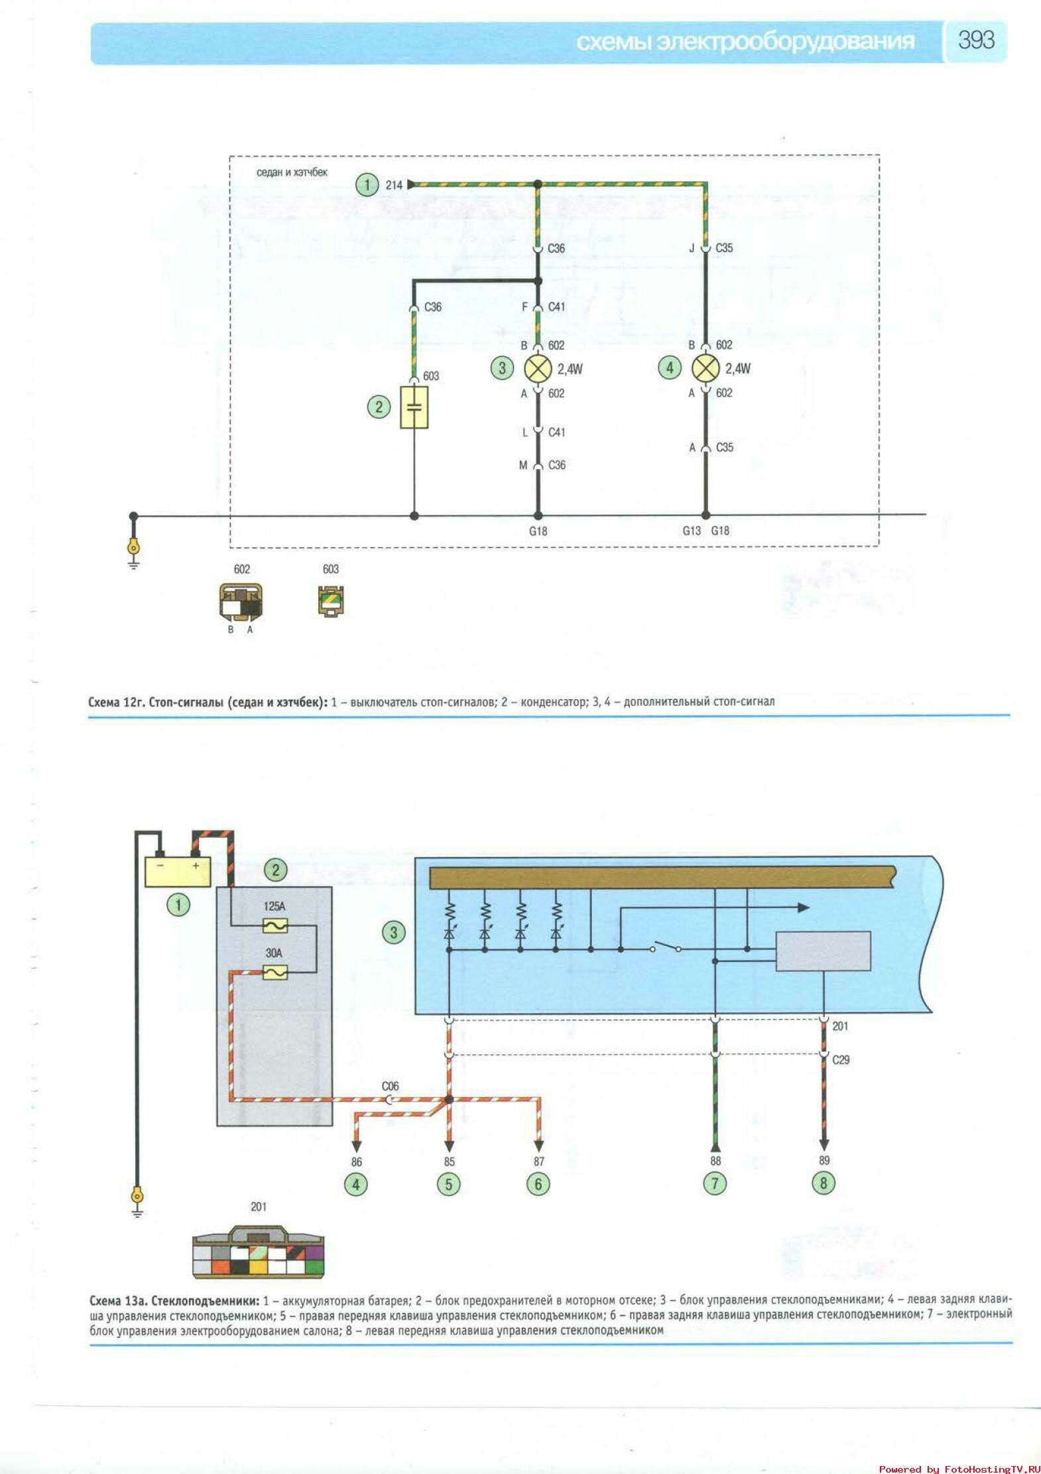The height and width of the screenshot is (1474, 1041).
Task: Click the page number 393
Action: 975,40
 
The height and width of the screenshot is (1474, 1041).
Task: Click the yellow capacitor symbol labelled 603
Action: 414,407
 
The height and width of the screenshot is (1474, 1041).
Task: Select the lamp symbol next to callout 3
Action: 538,369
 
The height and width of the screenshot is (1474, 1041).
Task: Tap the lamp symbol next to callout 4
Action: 705,369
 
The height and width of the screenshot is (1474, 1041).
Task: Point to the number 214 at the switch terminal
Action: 394,185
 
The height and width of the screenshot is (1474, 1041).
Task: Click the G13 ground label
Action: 692,531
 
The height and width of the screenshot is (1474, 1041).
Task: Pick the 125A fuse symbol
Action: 273,924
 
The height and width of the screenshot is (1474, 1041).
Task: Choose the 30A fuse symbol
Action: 273,972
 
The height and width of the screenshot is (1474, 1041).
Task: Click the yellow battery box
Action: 178,871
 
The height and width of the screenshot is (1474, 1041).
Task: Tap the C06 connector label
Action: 391,1086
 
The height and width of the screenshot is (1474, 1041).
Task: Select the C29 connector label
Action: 841,1059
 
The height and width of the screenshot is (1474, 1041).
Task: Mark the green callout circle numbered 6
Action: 538,1183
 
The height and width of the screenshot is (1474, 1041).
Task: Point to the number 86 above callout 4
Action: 357,1162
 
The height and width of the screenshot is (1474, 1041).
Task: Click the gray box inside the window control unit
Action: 823,951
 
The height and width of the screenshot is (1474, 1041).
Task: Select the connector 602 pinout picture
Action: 240,602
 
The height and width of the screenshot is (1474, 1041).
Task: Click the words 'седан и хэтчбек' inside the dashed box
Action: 292,172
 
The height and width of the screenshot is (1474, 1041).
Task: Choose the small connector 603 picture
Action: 331,600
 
